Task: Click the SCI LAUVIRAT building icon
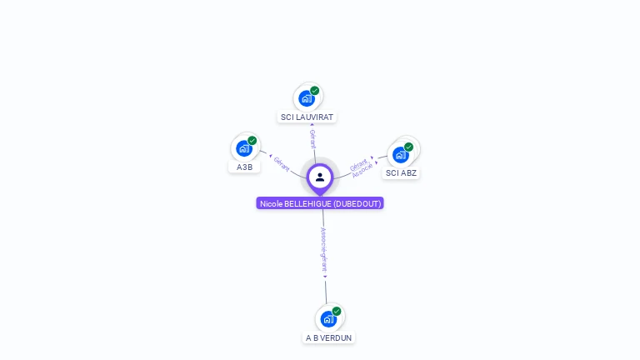pos(307,98)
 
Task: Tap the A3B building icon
pos(244,148)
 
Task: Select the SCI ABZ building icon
pos(401,155)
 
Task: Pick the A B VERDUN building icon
pos(328,318)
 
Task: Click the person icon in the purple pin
pos(320,177)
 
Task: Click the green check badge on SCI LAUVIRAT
pos(315,90)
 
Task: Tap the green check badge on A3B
pos(252,141)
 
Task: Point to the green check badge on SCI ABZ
pos(409,147)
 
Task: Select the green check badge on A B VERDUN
pos(337,311)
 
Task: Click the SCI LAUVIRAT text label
pos(307,117)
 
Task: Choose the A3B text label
pos(244,167)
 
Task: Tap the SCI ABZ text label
pos(401,173)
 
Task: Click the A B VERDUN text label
pos(328,337)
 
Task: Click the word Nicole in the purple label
pos(271,203)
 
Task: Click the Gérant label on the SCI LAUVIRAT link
pos(312,139)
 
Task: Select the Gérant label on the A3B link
pos(282,163)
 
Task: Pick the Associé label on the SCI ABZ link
pos(362,170)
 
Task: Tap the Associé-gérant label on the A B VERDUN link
pos(324,250)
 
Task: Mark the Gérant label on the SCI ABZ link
pos(358,162)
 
